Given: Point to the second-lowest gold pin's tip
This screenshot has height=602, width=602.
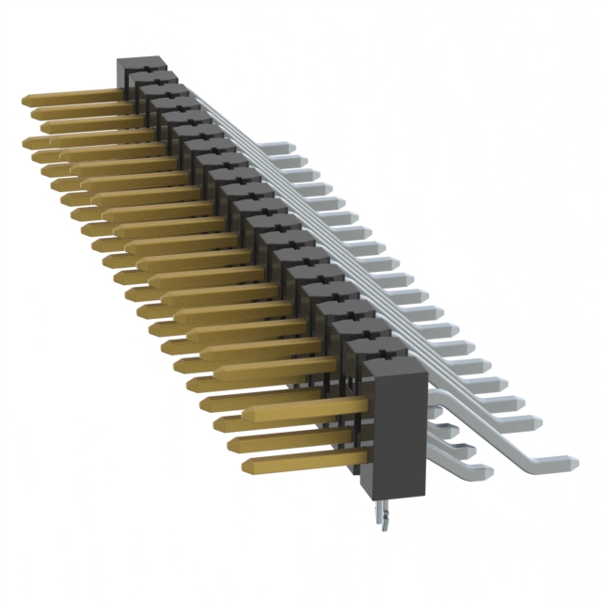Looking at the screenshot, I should coord(230,443).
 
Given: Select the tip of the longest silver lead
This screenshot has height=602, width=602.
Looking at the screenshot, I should coord(574,461).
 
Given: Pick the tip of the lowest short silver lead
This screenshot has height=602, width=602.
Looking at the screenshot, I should coord(487,469).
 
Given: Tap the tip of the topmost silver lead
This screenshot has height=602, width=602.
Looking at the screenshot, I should coord(291,148).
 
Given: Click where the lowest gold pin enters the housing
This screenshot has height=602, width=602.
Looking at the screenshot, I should coord(363,458).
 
